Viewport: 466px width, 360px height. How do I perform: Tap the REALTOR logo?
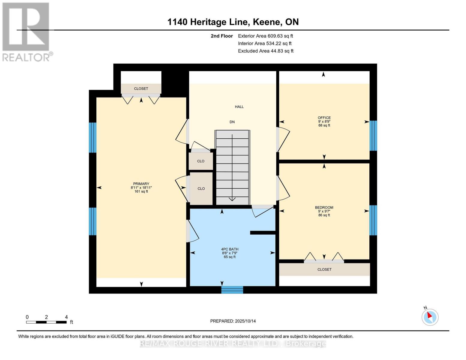click(x=26, y=31)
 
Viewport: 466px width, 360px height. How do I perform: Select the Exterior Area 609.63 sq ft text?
click(x=265, y=36)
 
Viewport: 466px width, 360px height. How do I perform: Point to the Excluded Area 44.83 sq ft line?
click(x=266, y=51)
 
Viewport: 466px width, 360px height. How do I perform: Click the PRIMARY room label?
click(x=141, y=184)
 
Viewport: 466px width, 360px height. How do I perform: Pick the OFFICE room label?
click(x=324, y=118)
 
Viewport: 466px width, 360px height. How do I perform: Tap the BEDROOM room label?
click(x=324, y=208)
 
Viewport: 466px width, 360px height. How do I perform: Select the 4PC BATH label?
click(x=230, y=249)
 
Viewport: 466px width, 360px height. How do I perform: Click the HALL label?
click(x=239, y=107)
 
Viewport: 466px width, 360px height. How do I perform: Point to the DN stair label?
click(x=232, y=122)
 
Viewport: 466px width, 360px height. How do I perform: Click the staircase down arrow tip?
click(x=232, y=200)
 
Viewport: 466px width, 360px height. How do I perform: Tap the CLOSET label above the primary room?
click(x=141, y=89)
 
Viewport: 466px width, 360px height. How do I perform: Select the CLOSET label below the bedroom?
click(x=324, y=270)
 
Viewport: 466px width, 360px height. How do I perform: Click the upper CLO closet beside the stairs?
click(x=201, y=161)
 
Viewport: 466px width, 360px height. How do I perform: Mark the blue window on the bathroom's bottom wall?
click(x=232, y=290)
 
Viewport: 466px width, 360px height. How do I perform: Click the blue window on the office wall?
click(x=373, y=136)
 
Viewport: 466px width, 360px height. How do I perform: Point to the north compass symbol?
click(x=430, y=317)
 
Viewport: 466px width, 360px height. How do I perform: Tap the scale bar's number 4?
click(x=66, y=317)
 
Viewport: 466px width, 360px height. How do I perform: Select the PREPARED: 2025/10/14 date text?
click(x=233, y=321)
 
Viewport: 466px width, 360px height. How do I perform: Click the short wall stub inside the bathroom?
click(x=263, y=233)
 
